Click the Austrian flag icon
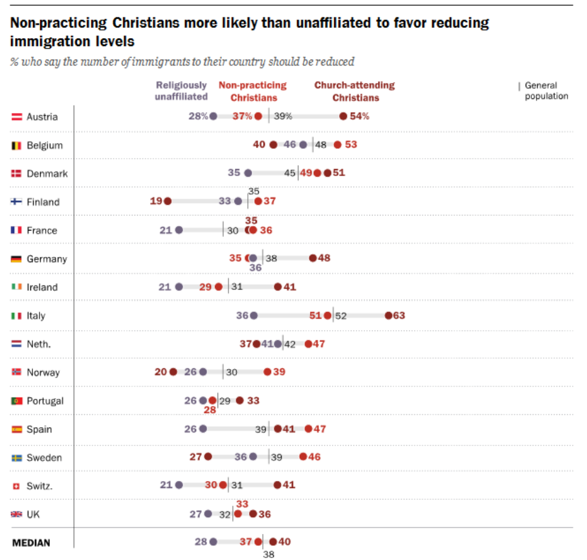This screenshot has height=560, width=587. coord(17,117)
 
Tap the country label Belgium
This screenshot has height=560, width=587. coord(45,145)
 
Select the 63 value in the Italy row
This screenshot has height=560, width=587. coord(399,315)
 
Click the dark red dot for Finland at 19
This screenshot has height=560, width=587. coord(168,201)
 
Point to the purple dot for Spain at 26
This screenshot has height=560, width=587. coord(203,429)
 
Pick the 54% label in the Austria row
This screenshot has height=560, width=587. coord(360,117)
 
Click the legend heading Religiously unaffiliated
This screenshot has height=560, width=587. coord(181,91)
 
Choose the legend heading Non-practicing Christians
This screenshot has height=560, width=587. coord(253,91)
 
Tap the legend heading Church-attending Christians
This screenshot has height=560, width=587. coord(355,91)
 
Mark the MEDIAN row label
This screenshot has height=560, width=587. coord(31,543)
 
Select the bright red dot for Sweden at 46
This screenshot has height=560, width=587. coord(303,457)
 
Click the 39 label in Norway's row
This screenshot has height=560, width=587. coord(279,372)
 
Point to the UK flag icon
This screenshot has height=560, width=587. coord(17,514)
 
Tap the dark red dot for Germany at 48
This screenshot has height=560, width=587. coord(313,258)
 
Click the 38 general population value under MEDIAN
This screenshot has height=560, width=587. coord(269,554)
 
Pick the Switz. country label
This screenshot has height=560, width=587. coord(39,486)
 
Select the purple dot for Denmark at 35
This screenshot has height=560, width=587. coord(248,173)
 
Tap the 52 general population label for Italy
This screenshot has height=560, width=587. coord(341,316)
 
